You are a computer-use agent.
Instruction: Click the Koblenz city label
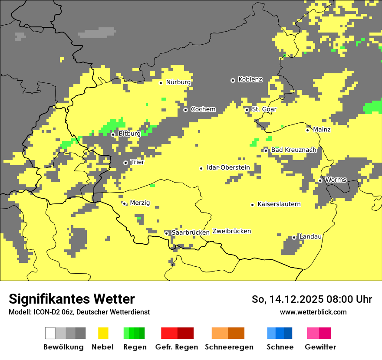250,79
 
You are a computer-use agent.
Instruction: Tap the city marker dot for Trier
125,163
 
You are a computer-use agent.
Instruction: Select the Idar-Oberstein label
228,167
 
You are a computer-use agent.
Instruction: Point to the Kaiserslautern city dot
252,205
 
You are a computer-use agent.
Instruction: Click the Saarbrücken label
190,232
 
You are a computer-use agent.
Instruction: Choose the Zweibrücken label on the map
231,231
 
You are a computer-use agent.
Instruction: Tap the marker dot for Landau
294,237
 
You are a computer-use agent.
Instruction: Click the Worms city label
336,180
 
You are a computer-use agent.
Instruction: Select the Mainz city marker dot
307,130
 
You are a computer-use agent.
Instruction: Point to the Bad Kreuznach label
293,150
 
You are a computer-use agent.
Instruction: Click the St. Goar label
264,109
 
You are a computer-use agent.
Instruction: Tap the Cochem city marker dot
185,110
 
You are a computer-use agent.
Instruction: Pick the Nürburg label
178,82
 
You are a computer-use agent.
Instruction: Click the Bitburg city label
129,134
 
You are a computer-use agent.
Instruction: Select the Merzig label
140,203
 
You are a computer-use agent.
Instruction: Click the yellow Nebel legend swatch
103,333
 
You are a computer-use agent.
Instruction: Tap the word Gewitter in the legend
320,347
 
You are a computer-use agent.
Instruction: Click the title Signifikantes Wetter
72,299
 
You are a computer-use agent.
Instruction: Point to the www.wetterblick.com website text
313,312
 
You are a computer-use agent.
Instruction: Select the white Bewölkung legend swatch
50,333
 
